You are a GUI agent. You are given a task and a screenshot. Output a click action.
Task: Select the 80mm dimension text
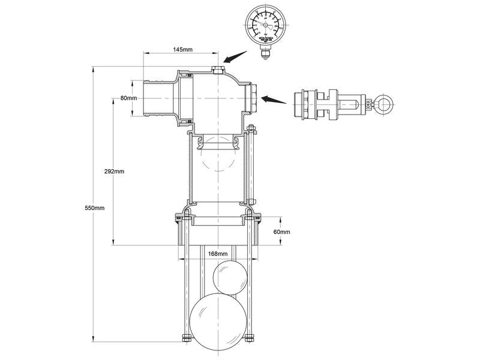coord(129,98)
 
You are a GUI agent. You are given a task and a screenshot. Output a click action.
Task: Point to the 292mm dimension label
coord(114,171)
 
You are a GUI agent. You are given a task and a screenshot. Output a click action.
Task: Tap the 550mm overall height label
coord(95,208)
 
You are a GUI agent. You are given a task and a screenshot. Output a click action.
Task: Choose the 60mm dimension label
coord(281,232)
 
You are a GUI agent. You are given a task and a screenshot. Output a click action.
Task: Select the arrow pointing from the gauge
coord(235,59)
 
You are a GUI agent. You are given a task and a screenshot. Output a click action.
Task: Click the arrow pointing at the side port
coord(274,99)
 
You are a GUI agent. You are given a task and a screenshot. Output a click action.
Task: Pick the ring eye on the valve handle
coord(381,106)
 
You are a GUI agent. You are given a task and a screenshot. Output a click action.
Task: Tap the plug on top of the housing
coord(217,71)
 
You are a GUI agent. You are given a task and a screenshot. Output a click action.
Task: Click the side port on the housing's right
coord(254,98)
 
